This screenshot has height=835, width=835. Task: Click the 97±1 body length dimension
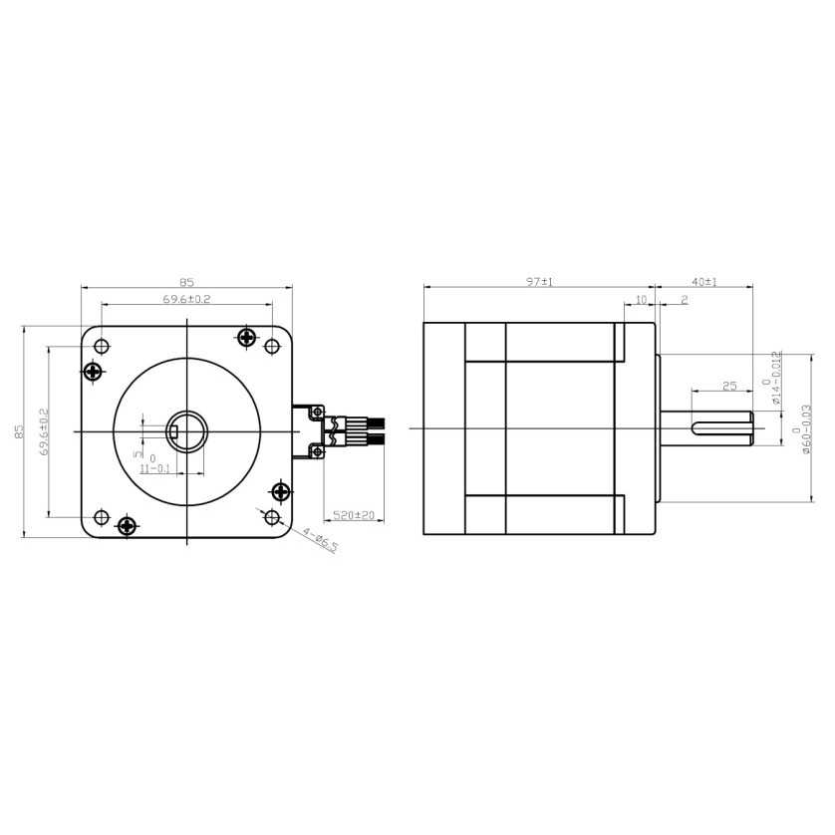click(539, 282)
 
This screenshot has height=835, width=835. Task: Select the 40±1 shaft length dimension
click(703, 282)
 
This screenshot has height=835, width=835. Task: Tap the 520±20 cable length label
click(354, 515)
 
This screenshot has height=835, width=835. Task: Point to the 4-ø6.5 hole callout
click(320, 539)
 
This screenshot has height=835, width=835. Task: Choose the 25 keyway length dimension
click(729, 386)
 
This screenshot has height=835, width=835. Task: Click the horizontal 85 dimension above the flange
click(186, 282)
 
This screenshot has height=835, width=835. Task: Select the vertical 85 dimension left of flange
click(20, 430)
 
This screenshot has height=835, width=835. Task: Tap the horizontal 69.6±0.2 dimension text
click(186, 299)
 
